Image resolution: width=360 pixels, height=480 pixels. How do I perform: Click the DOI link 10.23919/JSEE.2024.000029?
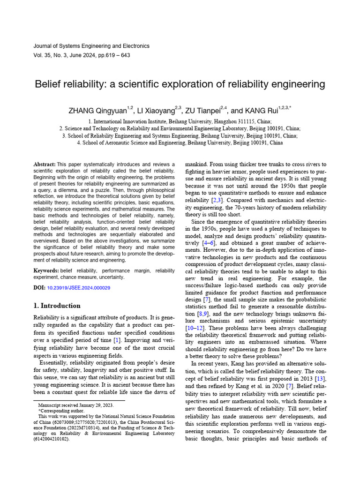(x=79, y=287)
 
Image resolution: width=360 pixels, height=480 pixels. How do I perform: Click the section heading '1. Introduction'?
(x=57, y=306)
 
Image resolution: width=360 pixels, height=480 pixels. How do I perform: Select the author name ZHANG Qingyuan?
(x=97, y=111)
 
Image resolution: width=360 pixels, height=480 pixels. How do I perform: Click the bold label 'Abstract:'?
(x=44, y=165)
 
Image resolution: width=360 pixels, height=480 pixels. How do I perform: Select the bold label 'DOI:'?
(x=40, y=287)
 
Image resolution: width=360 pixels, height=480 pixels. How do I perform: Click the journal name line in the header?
(x=91, y=46)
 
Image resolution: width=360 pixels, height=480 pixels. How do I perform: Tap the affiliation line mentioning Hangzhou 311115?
(x=180, y=120)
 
